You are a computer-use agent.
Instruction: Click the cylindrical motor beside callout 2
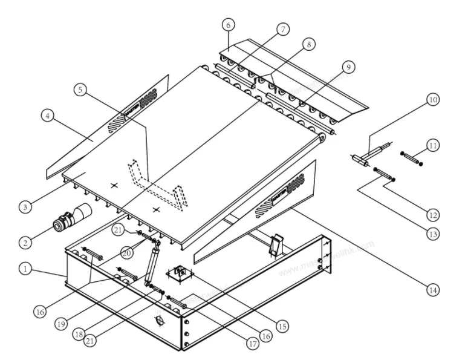(x=71, y=219)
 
